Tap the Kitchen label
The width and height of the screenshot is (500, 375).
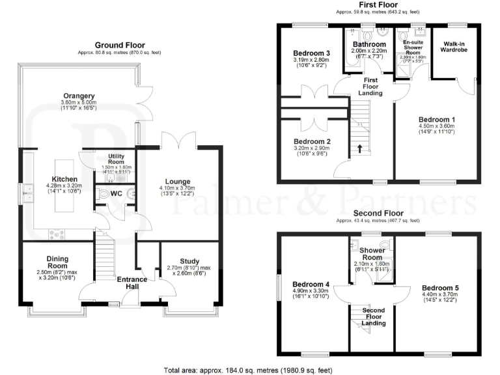pyautogui.click(x=64, y=179)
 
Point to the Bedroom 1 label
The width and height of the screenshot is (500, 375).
pyautogui.click(x=436, y=120)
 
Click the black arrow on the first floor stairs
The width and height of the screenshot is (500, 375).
pyautogui.click(x=359, y=149)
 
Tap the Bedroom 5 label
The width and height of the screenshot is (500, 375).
pyautogui.click(x=440, y=288)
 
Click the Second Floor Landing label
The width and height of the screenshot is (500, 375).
pyautogui.click(x=373, y=316)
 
